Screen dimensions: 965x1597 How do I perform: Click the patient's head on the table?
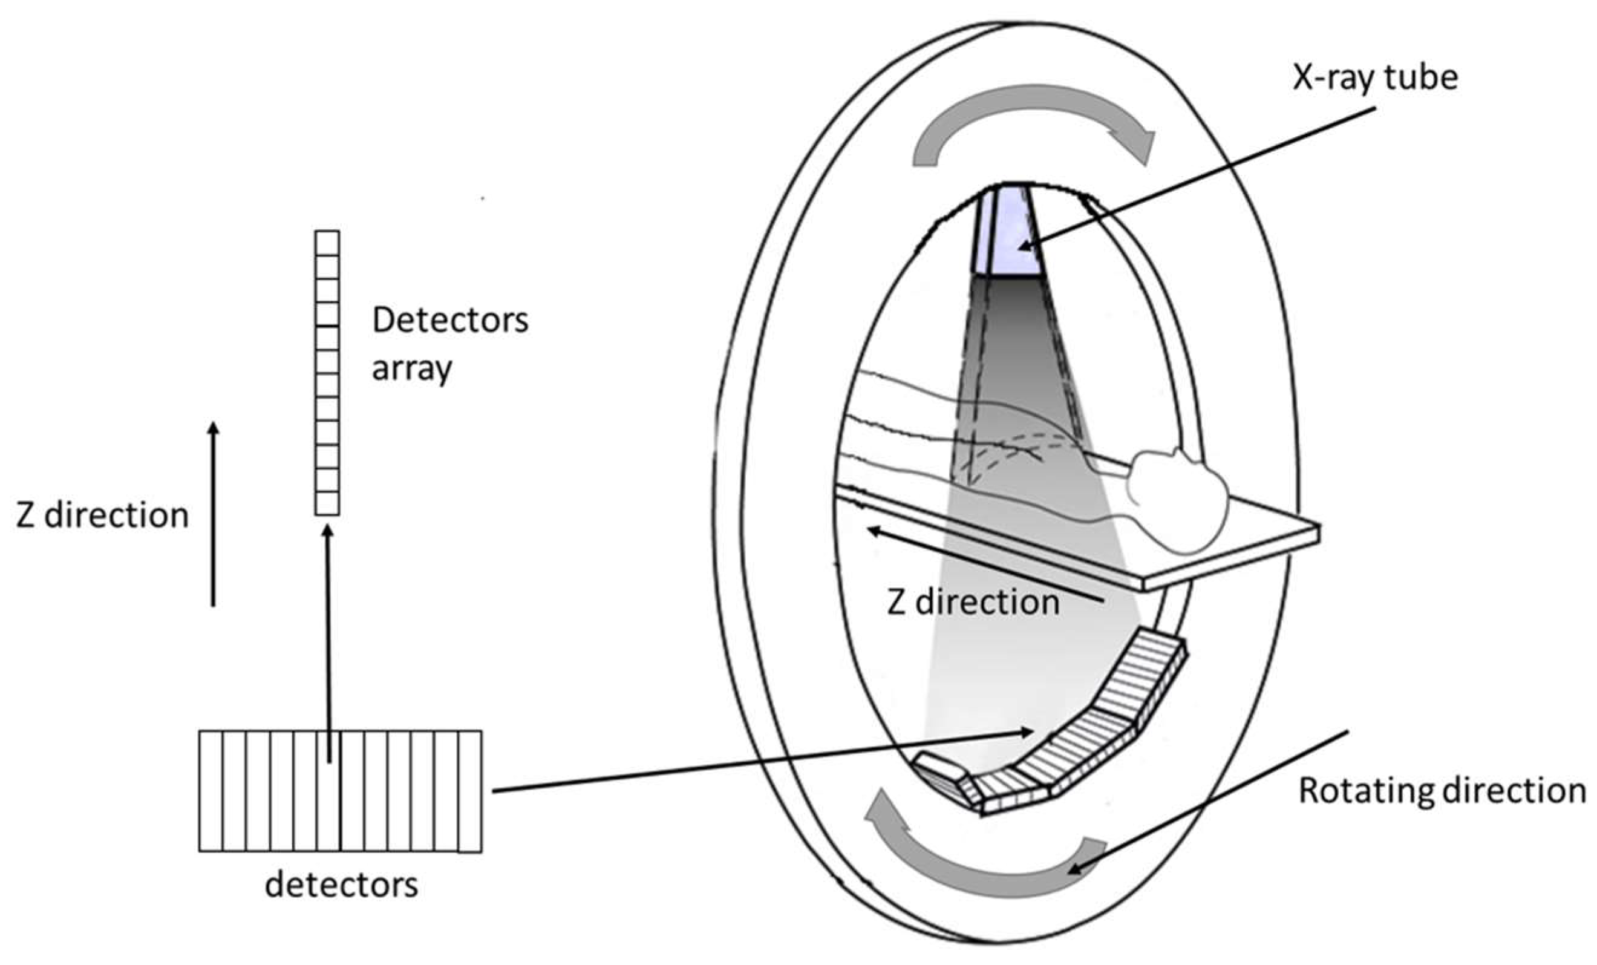pos(1177,499)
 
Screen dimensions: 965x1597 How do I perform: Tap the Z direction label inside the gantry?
pos(973,603)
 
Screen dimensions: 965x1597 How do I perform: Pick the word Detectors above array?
pos(451,320)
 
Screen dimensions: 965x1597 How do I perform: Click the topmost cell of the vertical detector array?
pos(327,243)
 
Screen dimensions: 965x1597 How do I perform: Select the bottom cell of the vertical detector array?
pos(327,503)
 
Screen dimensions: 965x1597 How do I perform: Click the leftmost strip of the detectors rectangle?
pos(211,791)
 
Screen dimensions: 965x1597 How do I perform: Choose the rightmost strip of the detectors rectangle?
pos(470,791)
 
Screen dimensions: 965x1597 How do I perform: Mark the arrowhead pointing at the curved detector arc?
pos(1027,732)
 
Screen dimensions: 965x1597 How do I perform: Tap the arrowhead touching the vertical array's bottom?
pos(327,530)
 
